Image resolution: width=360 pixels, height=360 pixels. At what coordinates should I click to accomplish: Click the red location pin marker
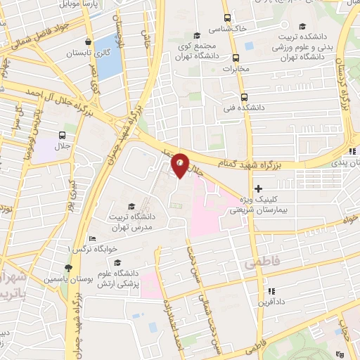(x=180, y=165)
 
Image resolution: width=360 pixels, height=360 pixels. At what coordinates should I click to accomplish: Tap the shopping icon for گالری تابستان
(x=87, y=41)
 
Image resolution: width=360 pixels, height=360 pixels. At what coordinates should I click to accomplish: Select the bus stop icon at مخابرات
(x=246, y=58)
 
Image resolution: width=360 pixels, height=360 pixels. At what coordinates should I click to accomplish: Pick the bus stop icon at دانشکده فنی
(x=243, y=98)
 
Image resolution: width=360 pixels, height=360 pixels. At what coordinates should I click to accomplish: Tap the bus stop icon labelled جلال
(x=63, y=135)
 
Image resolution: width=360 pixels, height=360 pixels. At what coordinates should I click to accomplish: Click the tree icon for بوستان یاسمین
(x=67, y=268)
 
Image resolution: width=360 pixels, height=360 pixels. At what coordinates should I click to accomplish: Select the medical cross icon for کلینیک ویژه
(x=259, y=188)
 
